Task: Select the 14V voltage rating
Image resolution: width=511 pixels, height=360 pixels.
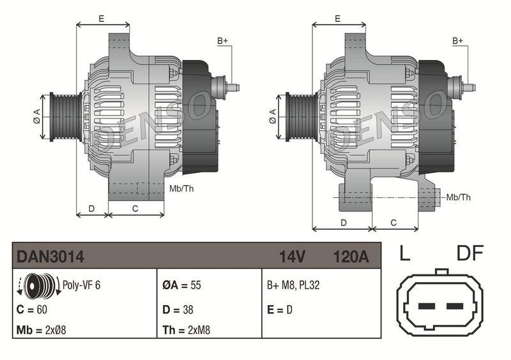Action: click(293, 257)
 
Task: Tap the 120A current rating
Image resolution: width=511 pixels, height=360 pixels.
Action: click(351, 257)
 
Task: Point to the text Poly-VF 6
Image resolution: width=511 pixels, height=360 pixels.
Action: click(82, 285)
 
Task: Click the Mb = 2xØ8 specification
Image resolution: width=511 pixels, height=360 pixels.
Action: click(42, 330)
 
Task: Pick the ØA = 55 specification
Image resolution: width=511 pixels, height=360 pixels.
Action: click(181, 285)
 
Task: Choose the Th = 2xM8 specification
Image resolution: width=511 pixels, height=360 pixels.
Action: click(186, 330)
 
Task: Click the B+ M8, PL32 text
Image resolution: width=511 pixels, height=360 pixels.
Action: click(293, 285)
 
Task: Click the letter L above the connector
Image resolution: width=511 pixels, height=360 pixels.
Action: click(404, 253)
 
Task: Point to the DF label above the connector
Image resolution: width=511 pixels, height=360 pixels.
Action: click(470, 253)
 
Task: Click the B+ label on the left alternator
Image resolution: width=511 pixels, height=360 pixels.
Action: click(223, 41)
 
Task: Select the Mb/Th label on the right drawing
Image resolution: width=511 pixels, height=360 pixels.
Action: click(458, 197)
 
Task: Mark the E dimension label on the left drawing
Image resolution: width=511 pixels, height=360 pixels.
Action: click(102, 19)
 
